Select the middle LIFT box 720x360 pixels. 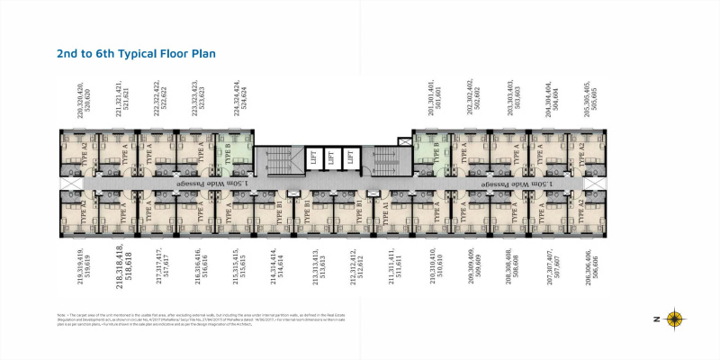[330, 157]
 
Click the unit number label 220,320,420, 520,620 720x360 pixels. [85, 102]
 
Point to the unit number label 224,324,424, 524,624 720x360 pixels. [239, 102]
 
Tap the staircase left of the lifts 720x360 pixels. [273, 161]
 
